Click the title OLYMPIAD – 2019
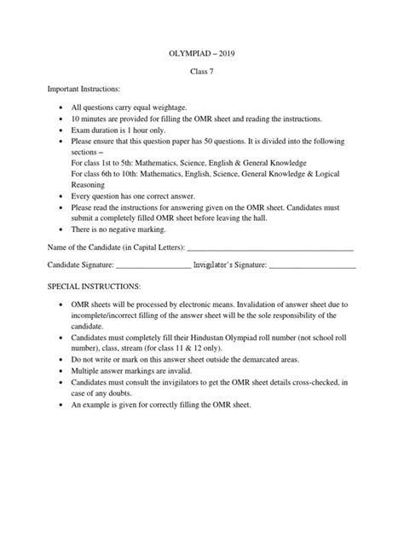pos(202,53)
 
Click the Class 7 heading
pos(202,72)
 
